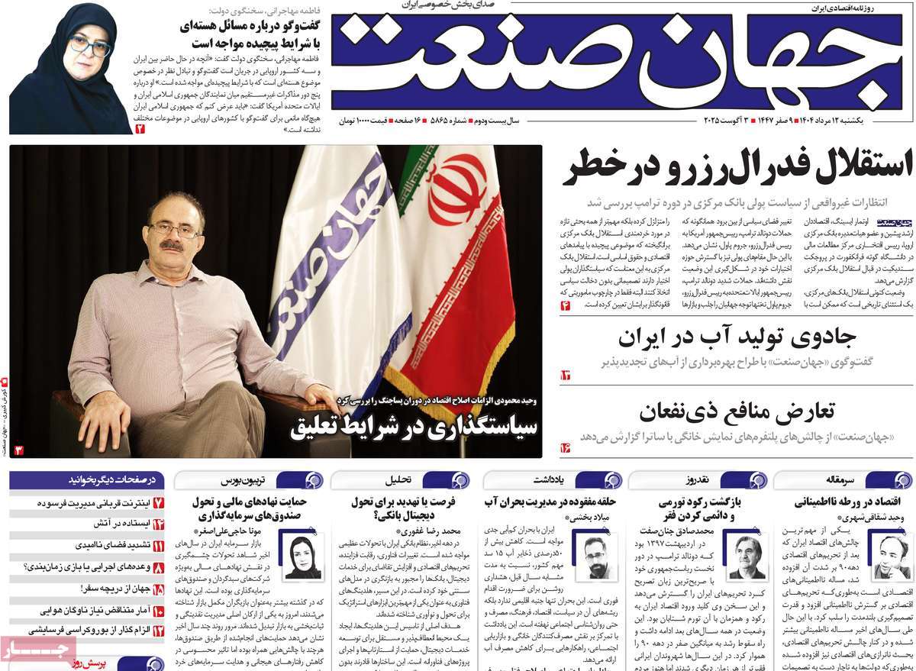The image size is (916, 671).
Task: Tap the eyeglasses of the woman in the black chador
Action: pos(89,47)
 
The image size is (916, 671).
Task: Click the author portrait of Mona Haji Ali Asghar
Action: pos(302,556)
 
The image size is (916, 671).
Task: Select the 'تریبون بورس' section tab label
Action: pos(244,480)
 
